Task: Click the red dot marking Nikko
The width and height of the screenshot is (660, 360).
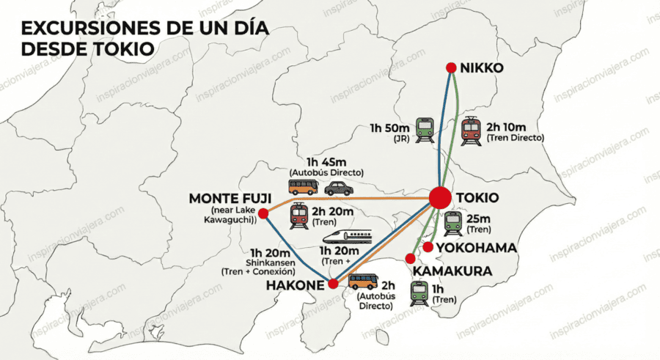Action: tap(452, 68)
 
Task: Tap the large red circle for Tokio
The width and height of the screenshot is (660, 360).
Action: tap(440, 198)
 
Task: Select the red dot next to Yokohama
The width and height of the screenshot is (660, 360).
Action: tap(428, 247)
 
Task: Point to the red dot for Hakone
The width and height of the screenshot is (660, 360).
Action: tap(334, 284)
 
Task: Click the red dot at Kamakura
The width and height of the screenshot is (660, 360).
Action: tap(411, 257)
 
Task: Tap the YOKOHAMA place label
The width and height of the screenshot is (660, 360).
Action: tap(476, 248)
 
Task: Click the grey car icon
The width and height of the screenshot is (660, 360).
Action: tap(339, 188)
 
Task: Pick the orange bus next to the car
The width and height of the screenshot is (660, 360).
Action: tap(303, 187)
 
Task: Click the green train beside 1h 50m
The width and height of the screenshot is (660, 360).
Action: tap(425, 130)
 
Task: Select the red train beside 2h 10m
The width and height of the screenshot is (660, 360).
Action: tap(471, 131)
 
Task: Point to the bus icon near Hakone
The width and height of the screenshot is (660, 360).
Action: tap(363, 282)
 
